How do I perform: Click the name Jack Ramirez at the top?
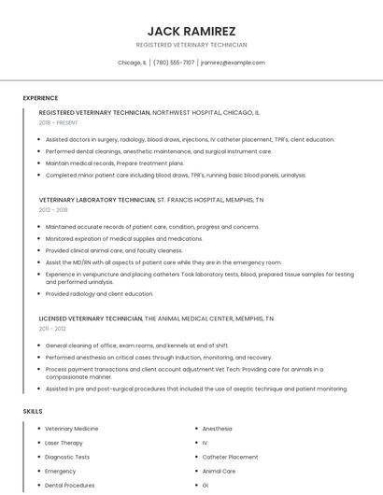coord(191,31)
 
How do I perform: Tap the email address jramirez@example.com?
coord(233,63)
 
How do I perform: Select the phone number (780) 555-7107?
coord(174,63)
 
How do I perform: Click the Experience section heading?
coord(40,98)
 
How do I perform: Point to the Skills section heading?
coord(33,411)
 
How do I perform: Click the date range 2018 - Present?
coord(60,122)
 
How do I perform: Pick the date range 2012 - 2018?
coord(54,210)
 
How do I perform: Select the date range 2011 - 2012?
coord(53,329)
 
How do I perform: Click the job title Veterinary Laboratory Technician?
coord(97,200)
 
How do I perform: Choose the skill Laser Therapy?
coord(64,443)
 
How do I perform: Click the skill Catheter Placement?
coord(230,457)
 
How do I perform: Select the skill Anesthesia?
coord(218,429)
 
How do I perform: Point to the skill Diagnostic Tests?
coord(67,457)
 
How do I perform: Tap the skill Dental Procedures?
coord(69,486)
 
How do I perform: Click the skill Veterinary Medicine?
coord(72,429)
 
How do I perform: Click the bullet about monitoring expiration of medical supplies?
coord(124,238)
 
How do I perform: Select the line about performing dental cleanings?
coord(159,150)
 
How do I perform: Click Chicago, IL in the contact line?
coord(132,63)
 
